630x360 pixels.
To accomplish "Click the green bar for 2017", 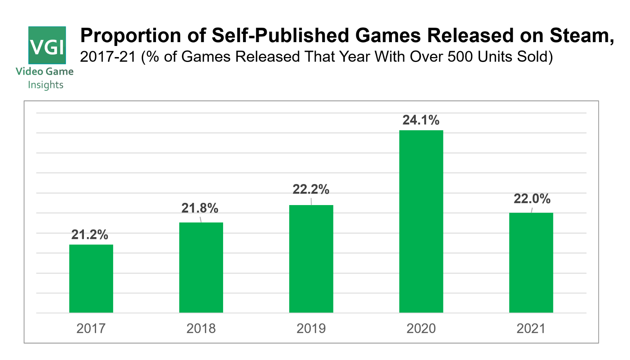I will pyautogui.click(x=91, y=279).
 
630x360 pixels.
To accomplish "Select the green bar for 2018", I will pyautogui.click(x=201, y=267).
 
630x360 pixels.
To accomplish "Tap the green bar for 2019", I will pyautogui.click(x=311, y=259).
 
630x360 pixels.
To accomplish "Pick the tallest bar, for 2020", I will pyautogui.click(x=421, y=221).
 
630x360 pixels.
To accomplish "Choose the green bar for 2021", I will pyautogui.click(x=531, y=263).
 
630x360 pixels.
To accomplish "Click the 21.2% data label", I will pyautogui.click(x=90, y=235).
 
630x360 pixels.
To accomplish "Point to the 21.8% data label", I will pyautogui.click(x=200, y=208).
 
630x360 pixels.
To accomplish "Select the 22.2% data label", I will pyautogui.click(x=311, y=189).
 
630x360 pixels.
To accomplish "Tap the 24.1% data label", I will pyautogui.click(x=421, y=120).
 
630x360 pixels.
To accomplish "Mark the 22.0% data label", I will pyautogui.click(x=532, y=199).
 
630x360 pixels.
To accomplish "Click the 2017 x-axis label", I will pyautogui.click(x=91, y=328).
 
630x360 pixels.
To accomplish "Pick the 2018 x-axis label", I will pyautogui.click(x=201, y=328).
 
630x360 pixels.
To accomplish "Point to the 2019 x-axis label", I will pyautogui.click(x=311, y=328).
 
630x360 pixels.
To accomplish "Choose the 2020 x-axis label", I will pyautogui.click(x=421, y=328).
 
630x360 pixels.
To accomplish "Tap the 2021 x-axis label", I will pyautogui.click(x=531, y=328).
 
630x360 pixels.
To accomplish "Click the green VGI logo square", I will pyautogui.click(x=47, y=45).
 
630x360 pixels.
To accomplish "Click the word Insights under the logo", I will pyautogui.click(x=46, y=85).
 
